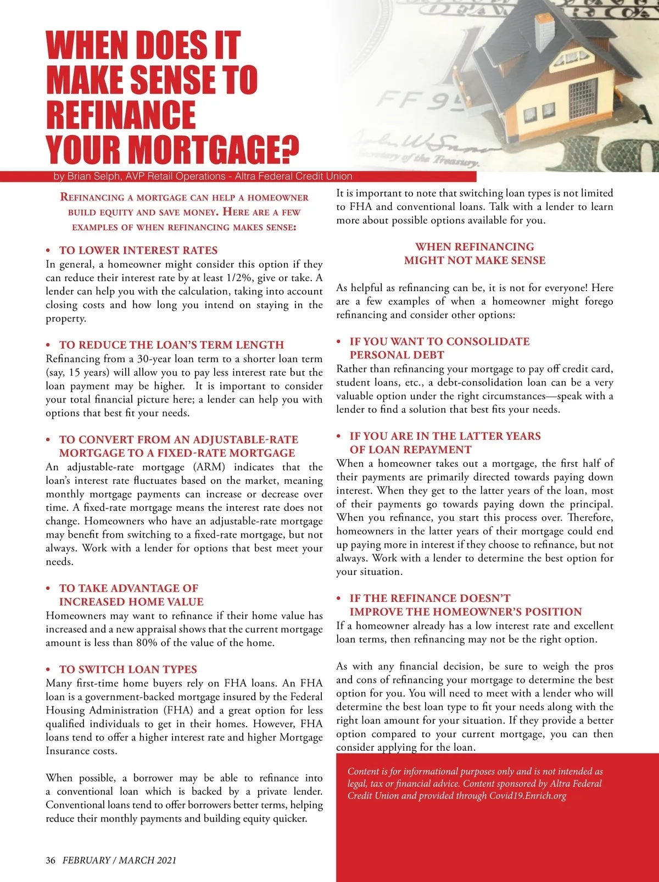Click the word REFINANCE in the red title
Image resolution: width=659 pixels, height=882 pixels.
121,115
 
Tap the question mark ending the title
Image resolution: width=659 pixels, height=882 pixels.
290,149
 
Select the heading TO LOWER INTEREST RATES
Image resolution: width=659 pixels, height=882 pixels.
138,250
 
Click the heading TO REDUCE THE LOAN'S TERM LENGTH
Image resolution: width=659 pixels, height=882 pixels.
171,345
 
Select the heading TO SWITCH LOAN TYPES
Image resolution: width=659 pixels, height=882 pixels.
128,669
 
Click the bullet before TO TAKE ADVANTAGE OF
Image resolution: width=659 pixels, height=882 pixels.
48,588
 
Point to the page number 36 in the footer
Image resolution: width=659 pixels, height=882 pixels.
51,860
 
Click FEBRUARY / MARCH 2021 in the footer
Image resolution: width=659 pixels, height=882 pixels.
119,860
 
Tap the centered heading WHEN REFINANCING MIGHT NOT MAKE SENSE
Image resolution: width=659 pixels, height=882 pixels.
474,254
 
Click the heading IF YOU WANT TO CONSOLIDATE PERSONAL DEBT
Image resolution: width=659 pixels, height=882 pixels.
439,348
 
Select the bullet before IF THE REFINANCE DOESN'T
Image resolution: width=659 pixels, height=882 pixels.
339,599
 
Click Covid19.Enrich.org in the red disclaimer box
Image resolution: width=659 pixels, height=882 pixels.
527,796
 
